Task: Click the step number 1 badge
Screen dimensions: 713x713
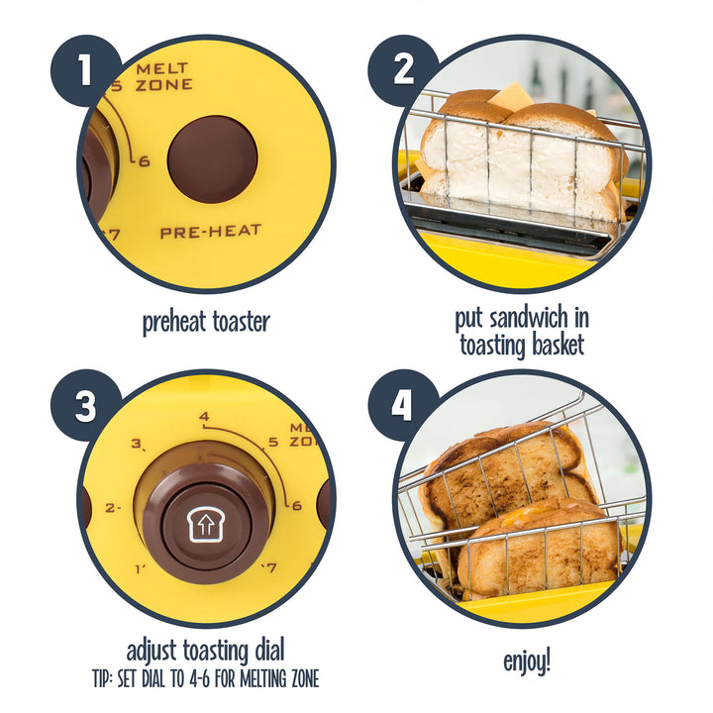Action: [x=85, y=70]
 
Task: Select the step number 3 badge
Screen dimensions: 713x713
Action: [x=85, y=406]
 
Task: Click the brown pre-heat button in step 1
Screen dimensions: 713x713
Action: [x=212, y=159]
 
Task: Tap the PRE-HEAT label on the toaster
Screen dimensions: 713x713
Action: [x=211, y=232]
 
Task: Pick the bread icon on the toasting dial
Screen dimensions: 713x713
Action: [x=206, y=526]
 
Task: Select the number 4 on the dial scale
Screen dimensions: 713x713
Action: [x=204, y=418]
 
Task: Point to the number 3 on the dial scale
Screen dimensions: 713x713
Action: [x=138, y=444]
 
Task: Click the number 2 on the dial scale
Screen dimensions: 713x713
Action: [x=112, y=507]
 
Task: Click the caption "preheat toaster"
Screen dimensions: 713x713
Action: [x=206, y=321]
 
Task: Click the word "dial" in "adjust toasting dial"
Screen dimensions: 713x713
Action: [x=268, y=651]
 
